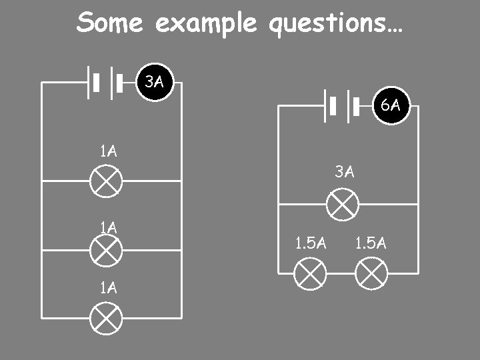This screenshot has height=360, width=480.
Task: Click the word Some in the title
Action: coord(109,23)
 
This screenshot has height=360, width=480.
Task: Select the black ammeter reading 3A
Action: coord(155,83)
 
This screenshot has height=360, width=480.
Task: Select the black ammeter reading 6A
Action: coord(391,105)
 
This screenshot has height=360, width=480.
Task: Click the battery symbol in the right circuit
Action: coord(342,105)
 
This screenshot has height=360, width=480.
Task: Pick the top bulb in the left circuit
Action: coord(107,181)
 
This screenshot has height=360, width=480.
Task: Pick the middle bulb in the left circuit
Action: coord(107,251)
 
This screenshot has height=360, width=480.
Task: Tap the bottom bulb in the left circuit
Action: coord(107,317)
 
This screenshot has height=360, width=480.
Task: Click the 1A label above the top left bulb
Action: coord(108,151)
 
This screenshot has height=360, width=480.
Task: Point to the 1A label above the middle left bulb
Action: coord(108,227)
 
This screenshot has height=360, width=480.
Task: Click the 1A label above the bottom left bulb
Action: coord(108,288)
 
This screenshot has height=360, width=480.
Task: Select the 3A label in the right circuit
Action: coord(344,172)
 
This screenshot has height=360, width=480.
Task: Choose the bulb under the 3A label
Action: coord(343,204)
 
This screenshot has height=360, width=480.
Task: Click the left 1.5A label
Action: coord(311,243)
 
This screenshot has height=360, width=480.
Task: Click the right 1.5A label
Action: coord(371,243)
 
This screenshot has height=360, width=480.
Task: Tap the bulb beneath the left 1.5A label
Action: coord(311,273)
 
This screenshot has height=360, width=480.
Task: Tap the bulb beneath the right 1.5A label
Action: coord(371,273)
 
